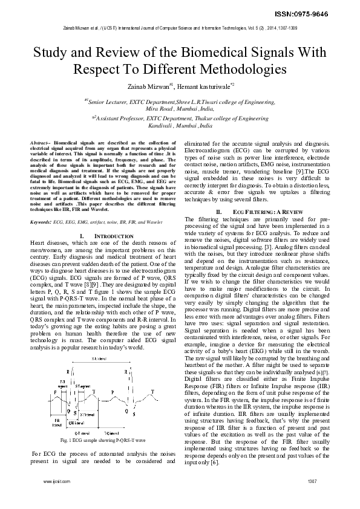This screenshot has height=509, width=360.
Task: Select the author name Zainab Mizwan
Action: pos(149,86)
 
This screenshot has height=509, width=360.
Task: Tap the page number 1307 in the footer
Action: pos(312,498)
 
